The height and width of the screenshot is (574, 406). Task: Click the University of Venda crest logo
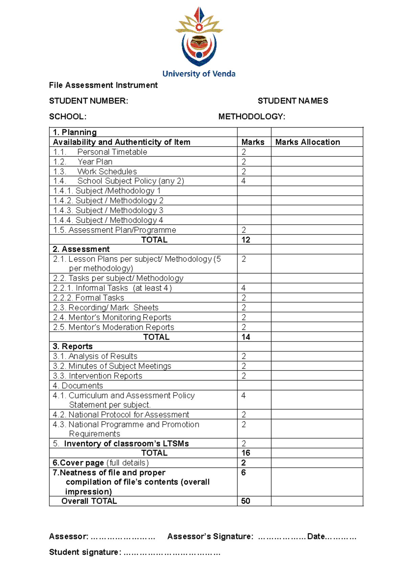click(x=199, y=37)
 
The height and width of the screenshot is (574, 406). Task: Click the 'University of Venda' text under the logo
click(x=199, y=74)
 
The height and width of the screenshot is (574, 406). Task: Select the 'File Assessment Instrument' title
click(x=103, y=85)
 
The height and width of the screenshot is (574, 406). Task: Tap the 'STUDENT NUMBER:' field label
click(x=89, y=101)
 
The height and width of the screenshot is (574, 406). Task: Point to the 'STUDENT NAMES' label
click(x=293, y=101)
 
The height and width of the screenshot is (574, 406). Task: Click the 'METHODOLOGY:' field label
click(x=252, y=117)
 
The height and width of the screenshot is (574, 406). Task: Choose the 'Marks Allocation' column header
click(x=308, y=142)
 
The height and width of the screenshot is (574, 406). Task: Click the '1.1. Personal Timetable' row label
click(x=100, y=152)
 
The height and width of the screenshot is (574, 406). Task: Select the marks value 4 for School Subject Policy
click(x=244, y=181)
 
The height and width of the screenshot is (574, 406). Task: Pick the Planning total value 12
click(x=246, y=240)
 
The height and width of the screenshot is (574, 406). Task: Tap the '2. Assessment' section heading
click(x=81, y=249)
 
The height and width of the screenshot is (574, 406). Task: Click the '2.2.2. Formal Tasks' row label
click(x=89, y=298)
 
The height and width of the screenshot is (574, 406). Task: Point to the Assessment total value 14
click(x=246, y=337)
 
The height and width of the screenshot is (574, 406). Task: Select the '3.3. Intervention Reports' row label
click(x=97, y=376)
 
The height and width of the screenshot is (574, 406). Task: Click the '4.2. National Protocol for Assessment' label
click(x=121, y=415)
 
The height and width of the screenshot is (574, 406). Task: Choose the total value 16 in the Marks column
click(x=246, y=453)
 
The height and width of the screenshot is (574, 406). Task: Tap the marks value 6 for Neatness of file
click(x=244, y=473)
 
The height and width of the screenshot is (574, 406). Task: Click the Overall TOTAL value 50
click(x=246, y=501)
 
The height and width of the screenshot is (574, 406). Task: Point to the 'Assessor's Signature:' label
click(x=210, y=536)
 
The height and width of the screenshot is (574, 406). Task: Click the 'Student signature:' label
click(x=85, y=552)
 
